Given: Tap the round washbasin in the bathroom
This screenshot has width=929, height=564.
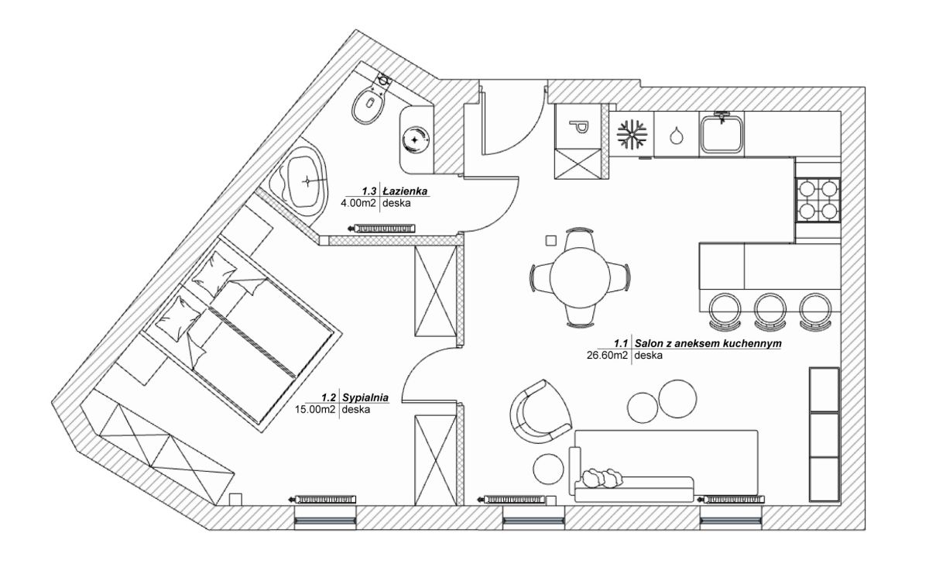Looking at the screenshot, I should pos(417,139).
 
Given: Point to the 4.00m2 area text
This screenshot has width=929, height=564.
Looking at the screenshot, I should pos(358,204).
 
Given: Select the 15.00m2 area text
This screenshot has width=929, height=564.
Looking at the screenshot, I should pos(316,410).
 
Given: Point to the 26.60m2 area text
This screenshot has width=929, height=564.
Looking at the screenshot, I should pos(608,356).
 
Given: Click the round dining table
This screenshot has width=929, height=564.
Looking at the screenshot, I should pos(579,277).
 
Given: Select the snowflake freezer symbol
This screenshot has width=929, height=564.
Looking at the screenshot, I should pos(632,134).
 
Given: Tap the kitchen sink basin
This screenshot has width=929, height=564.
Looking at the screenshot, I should pos(722,134).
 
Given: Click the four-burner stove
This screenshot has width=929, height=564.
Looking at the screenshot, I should pos(818,199).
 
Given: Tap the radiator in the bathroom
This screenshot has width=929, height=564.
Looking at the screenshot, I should pos(384,229).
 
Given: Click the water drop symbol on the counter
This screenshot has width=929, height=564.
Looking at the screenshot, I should pos(677,136).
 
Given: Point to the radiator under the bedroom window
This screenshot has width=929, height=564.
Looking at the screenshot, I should pos(324,500).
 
